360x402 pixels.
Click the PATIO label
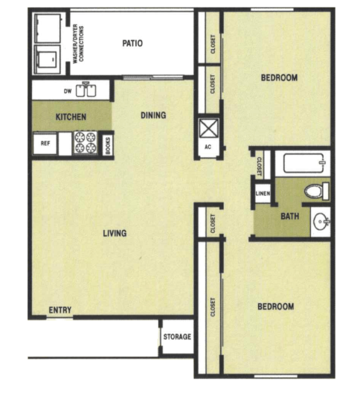click(x=132, y=43)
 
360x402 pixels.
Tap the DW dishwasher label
click(x=67, y=92)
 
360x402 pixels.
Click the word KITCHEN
click(x=71, y=117)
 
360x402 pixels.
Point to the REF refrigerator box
click(x=45, y=143)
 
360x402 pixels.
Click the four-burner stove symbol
click(x=86, y=143)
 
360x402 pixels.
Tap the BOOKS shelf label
click(x=108, y=144)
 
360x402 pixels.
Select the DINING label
click(x=153, y=115)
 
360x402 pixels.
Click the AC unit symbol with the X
click(x=208, y=127)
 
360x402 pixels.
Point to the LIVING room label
click(x=115, y=233)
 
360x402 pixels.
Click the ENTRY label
click(x=60, y=310)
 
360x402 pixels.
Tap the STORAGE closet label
click(x=178, y=337)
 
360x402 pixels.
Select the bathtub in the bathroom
click(x=302, y=163)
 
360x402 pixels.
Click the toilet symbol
click(x=316, y=191)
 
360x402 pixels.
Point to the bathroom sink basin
click(x=320, y=222)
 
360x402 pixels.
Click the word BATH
click(x=289, y=217)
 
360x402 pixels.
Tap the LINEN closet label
click(x=263, y=194)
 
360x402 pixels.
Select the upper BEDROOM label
click(x=279, y=77)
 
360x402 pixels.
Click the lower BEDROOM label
click(x=275, y=306)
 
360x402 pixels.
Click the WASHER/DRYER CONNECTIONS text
click(x=80, y=44)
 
